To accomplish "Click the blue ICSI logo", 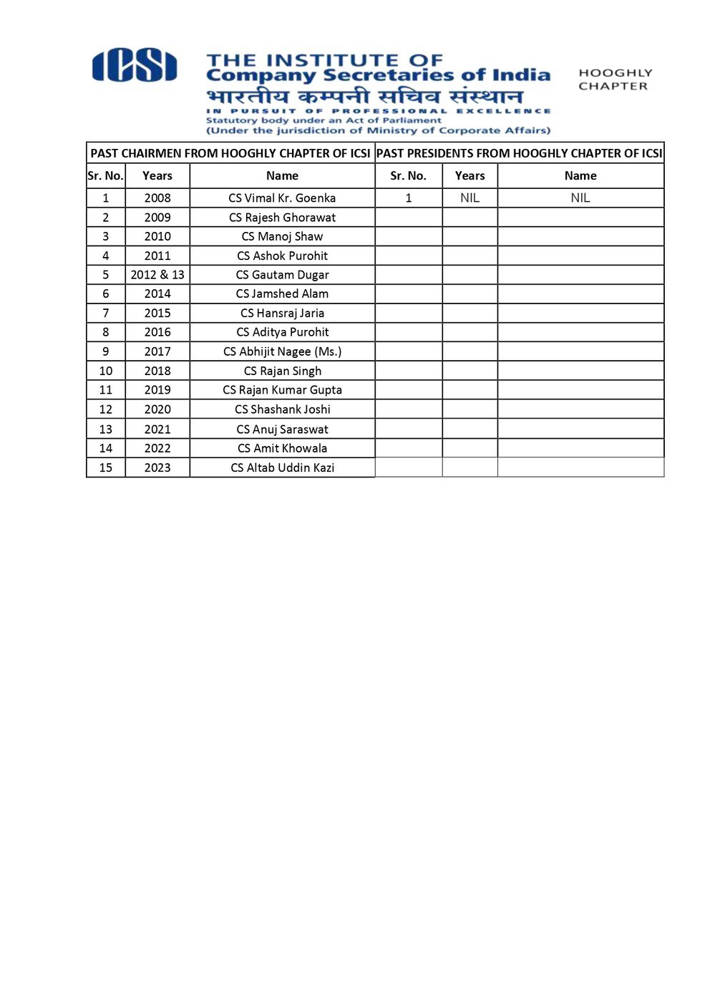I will coord(135,66).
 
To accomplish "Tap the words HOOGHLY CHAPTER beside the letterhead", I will coord(615,79).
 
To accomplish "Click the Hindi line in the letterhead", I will coord(364,96).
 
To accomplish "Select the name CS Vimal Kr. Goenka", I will coord(282,198).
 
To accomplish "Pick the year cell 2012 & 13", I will coord(157,275).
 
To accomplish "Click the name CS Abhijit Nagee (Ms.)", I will coord(282,351).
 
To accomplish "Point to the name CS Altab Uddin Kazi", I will coord(282,467).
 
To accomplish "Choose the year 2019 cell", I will coord(157,390).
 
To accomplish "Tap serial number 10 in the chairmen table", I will coord(106,371).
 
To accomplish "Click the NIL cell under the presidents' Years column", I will coord(470,198).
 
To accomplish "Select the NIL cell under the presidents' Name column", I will coord(580,198).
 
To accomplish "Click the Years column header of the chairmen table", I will coord(157,176).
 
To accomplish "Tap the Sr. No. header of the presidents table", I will coord(408,176).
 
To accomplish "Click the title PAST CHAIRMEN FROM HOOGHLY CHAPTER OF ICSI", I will coord(230,153).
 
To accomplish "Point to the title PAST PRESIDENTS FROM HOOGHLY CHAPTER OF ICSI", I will coord(520,153).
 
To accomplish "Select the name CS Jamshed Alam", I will coord(282,294).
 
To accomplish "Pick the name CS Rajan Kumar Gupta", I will coord(282,390).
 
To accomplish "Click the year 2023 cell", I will coord(157,467).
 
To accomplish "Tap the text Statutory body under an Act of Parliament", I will coord(324,120).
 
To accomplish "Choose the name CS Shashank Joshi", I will coord(282,409).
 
